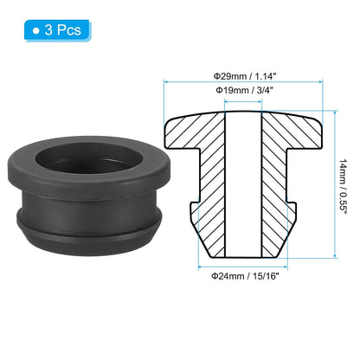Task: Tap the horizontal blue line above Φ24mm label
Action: [242, 263]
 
